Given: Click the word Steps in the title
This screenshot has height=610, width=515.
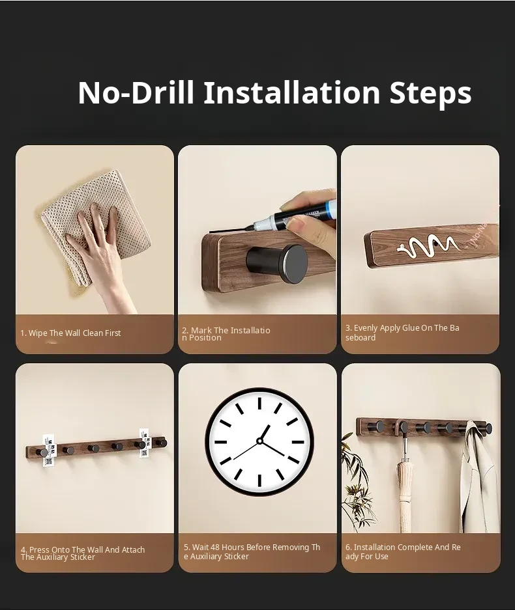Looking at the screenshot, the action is click(430, 92).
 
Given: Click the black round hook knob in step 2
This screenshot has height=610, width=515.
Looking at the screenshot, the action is click(277, 263).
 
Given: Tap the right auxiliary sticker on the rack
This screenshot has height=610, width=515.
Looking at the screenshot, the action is click(145, 443).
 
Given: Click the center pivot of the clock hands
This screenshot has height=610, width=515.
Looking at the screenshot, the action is click(259, 441).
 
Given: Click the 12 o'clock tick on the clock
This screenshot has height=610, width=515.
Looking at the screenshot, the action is click(259, 403).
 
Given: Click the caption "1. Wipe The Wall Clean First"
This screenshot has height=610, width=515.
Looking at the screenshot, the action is click(70, 333).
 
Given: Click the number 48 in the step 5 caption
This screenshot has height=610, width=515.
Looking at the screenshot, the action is click(215, 548).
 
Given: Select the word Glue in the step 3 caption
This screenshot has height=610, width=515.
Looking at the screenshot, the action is click(411, 328).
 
